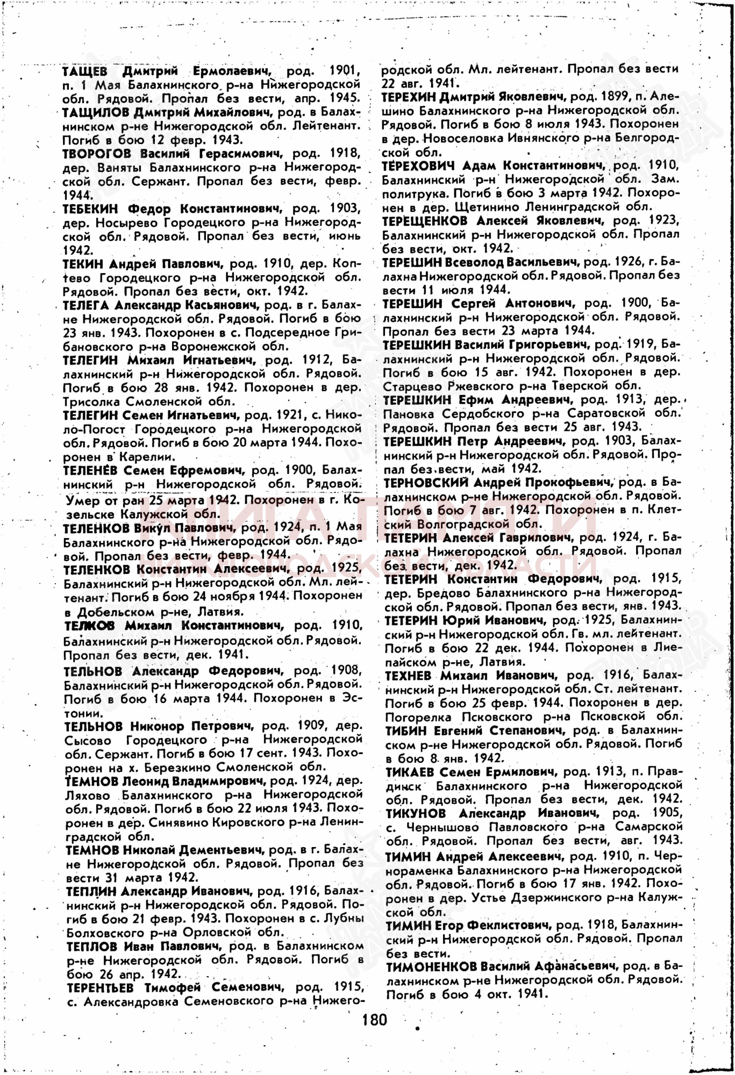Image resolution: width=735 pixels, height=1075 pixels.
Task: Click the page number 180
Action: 375,1019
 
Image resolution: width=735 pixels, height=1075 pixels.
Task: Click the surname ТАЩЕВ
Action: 85,71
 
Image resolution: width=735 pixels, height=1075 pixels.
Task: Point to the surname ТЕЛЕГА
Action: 86,305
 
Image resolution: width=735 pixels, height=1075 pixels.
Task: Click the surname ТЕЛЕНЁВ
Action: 90,470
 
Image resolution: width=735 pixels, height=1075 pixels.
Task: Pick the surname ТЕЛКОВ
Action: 89,626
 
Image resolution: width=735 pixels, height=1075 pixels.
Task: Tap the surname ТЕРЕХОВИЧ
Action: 418,166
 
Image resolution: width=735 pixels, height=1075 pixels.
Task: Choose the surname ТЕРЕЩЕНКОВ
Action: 425,221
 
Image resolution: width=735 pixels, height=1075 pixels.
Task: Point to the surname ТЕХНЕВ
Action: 408,675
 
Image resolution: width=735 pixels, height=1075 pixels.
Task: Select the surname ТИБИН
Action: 406,730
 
